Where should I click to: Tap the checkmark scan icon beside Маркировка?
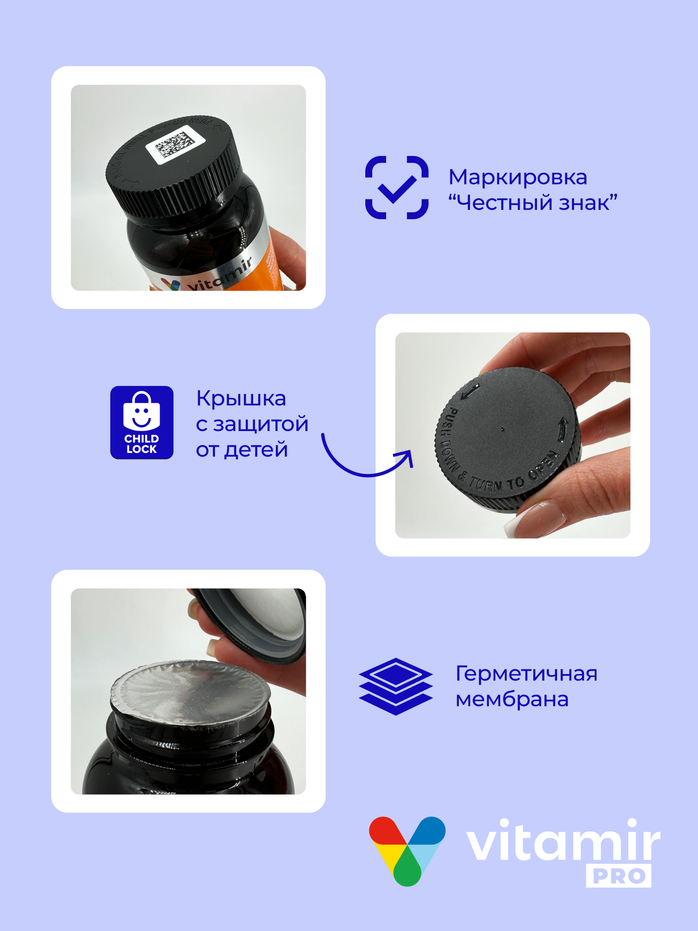[x=396, y=188]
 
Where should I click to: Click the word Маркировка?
[x=517, y=177]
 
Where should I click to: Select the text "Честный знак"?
[x=533, y=203]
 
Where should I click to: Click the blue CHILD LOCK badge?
[x=141, y=422]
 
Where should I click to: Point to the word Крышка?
[x=241, y=398]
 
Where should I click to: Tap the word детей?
[x=255, y=450]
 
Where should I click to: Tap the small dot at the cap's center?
[x=502, y=429]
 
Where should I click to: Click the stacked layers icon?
[x=396, y=686]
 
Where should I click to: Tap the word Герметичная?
[x=526, y=674]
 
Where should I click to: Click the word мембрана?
[x=512, y=699]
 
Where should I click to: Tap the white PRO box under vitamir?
[x=618, y=876]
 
